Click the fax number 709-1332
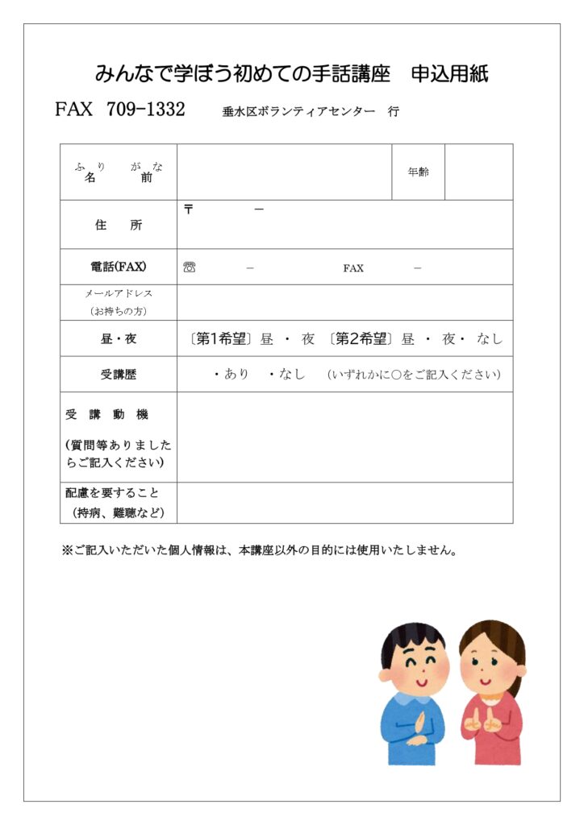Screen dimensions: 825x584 coord(145,110)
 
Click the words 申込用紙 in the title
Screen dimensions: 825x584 coord(449,74)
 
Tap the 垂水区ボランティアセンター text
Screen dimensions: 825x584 coord(298,112)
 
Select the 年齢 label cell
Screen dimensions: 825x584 coord(419,172)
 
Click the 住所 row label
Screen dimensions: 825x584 coord(119,225)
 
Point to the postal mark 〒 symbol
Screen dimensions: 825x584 coord(189,209)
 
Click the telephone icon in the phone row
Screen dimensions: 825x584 coord(190,267)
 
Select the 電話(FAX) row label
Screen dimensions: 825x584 coord(119,267)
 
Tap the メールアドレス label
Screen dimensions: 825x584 coord(119,294)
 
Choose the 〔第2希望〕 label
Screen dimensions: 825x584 coord(361,339)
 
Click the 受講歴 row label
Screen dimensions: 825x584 coord(119,375)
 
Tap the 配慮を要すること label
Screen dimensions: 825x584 coord(113,492)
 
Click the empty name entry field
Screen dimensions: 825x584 coord(284,172)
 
